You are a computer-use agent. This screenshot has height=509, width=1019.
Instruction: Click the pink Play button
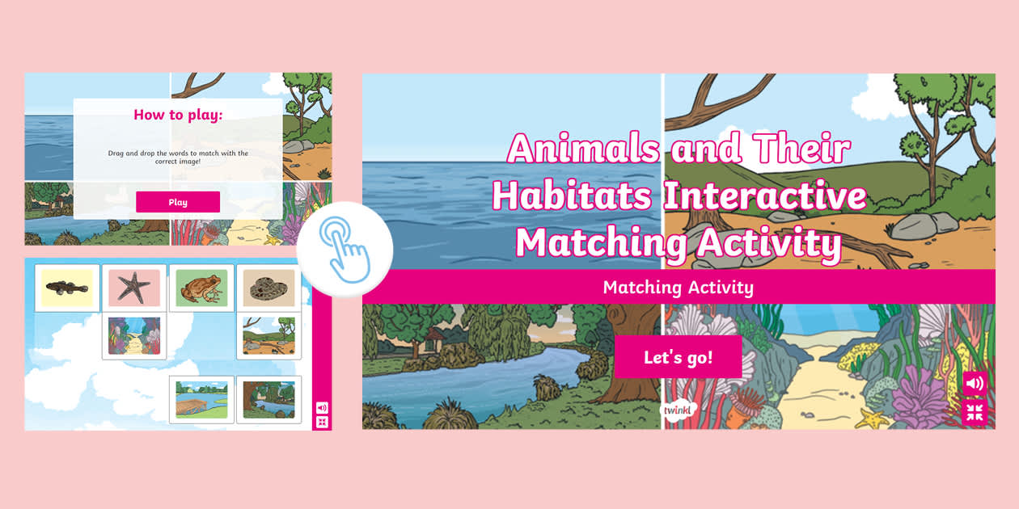pos(178,202)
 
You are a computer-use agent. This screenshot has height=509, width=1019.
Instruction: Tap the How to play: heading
pos(178,115)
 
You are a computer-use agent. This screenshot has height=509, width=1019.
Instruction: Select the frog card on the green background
pos(201,288)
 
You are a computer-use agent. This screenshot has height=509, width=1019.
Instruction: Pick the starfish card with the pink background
pos(134,288)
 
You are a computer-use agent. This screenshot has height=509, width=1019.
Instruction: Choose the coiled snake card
pos(268,288)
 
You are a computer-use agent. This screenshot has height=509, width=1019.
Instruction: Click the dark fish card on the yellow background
pos(66,288)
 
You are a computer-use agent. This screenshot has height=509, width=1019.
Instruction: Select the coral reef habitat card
pos(134,335)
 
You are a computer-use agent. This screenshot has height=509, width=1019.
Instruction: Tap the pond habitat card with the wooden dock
pos(201,399)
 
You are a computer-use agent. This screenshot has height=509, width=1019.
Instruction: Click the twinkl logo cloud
pos(675,410)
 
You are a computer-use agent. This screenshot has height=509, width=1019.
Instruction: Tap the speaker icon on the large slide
pos(975,383)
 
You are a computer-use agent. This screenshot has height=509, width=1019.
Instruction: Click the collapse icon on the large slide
pos(975,413)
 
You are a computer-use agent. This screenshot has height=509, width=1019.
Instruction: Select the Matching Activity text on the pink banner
pos(678,287)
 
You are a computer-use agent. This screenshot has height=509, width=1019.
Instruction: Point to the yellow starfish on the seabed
pos(872,419)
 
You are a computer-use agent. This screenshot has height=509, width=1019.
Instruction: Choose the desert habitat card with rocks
pos(268,335)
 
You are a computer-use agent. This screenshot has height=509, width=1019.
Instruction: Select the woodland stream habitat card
pos(268,399)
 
